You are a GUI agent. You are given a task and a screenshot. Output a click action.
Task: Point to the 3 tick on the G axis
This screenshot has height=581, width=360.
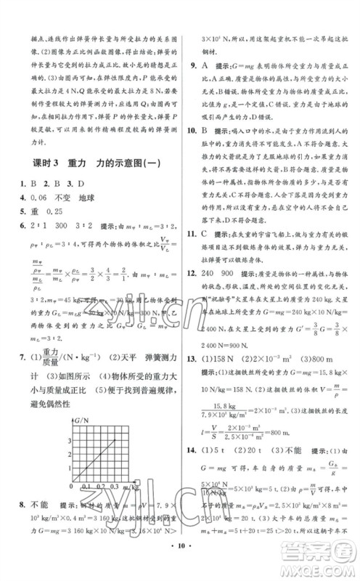click(70, 440)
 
